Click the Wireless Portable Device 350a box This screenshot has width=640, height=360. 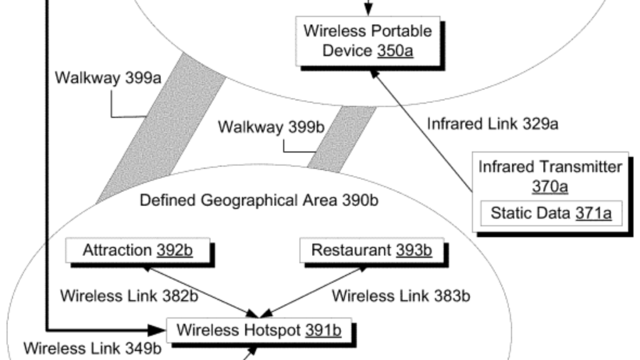tap(367, 41)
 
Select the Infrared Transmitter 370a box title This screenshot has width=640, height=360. tap(550, 167)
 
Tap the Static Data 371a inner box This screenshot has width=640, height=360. tap(551, 213)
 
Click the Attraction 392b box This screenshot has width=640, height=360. tap(138, 250)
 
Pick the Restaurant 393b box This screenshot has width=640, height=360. tap(371, 250)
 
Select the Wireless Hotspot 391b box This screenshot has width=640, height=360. tap(259, 330)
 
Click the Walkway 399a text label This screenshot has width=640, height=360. tap(108, 77)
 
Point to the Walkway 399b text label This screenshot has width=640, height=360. tap(271, 127)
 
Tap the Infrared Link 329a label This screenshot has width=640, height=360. tap(492, 124)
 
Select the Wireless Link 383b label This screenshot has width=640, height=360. tap(401, 296)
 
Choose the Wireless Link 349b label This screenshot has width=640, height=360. tap(92, 348)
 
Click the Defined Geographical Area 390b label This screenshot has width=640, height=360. tap(259, 200)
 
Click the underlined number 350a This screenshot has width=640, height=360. tap(395, 51)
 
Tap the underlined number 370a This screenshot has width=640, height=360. tap(550, 186)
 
